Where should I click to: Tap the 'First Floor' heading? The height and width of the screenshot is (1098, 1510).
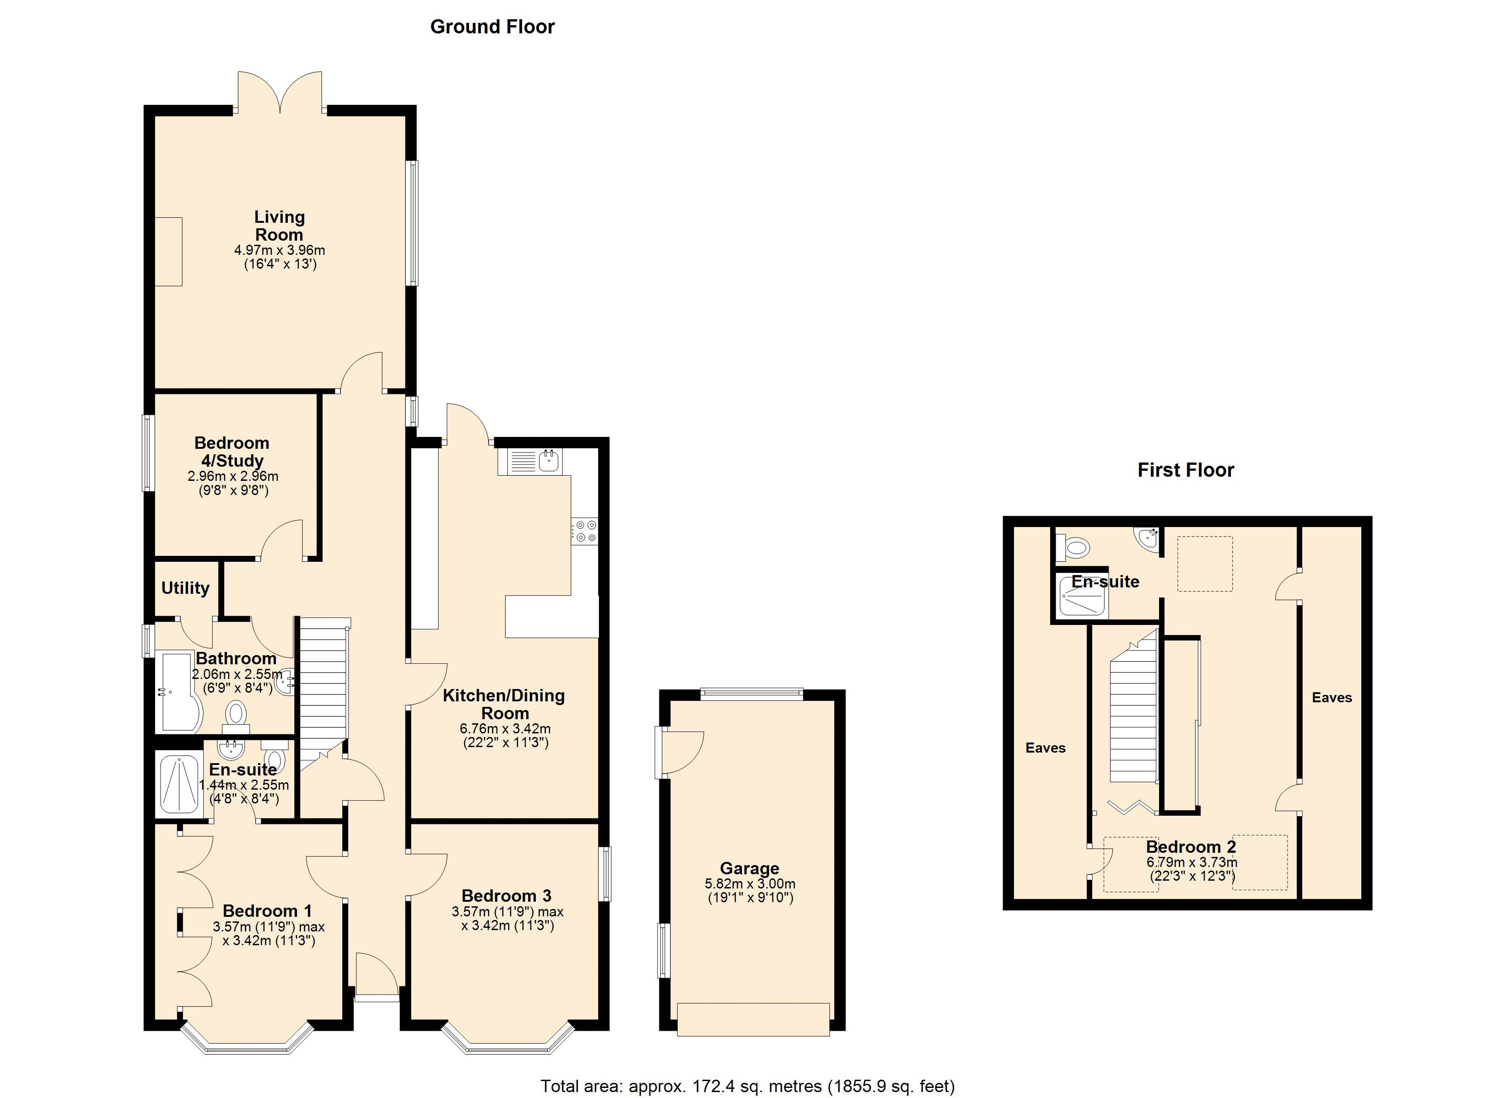(1185, 470)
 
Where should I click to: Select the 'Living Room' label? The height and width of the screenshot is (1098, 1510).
(279, 226)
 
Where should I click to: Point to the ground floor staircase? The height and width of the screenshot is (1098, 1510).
(323, 693)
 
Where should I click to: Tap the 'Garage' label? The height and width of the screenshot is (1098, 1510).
(749, 868)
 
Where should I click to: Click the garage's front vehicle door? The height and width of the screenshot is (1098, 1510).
(753, 1019)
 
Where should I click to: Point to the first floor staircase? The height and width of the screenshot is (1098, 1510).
(1132, 709)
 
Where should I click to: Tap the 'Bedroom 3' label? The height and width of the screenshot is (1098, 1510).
(507, 896)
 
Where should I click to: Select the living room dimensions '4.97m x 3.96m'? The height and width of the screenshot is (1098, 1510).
(280, 250)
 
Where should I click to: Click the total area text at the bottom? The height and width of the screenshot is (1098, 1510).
(747, 1086)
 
